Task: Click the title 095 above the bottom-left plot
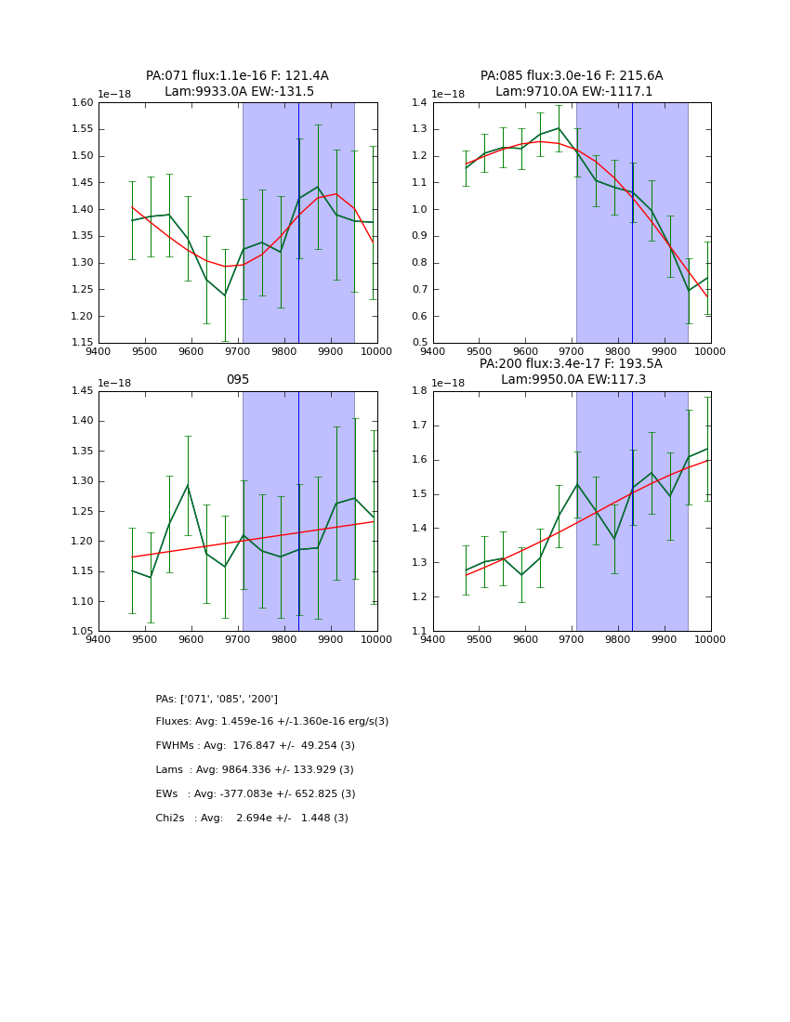[238, 379]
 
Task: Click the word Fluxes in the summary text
[174, 722]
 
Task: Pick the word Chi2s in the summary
[172, 818]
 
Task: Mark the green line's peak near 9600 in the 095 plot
[188, 485]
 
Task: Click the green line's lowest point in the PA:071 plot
[225, 295]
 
